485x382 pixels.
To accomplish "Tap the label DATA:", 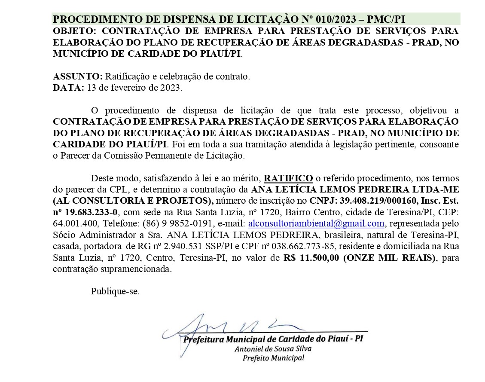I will point(68,88).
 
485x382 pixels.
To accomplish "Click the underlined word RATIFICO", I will point(288,178).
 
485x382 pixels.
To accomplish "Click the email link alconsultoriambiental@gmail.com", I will point(316,223).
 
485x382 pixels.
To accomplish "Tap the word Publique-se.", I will point(115,291).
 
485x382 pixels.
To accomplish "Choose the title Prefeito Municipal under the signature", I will point(273,358).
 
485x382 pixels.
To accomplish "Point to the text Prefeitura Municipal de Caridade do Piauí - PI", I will point(273,339).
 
